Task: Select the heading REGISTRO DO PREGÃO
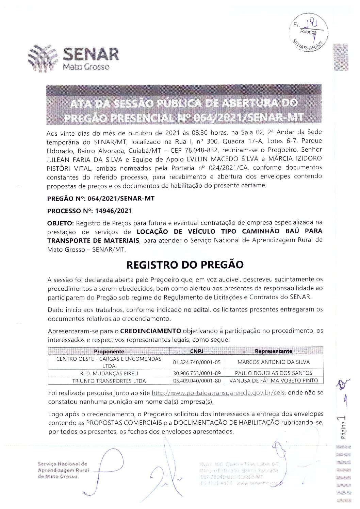coord(185,265)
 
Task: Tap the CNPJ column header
coord(197,351)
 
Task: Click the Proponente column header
coord(109,352)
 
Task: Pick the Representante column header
coord(273,351)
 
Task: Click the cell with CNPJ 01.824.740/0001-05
coord(197,362)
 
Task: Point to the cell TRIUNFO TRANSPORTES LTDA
coord(109,381)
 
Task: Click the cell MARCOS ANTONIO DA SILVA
coord(274,362)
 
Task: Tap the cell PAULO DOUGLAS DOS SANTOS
coord(274,373)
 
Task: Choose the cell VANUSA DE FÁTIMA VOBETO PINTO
coord(274,381)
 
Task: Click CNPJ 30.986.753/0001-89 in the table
coord(197,373)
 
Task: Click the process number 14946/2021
coord(113,211)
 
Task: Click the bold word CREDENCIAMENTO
coord(151,331)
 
